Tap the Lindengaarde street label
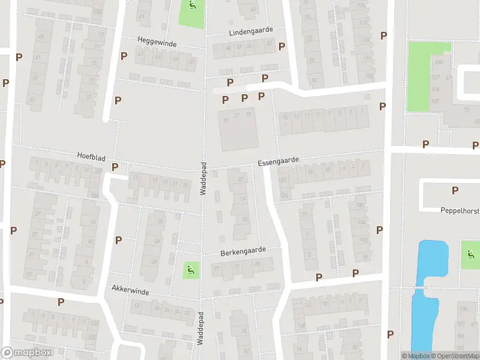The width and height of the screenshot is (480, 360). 250,29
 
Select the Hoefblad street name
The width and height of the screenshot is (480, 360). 91,156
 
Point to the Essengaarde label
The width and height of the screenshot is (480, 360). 278,162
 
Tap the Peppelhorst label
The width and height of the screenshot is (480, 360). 458,211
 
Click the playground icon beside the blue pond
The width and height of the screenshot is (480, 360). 470,254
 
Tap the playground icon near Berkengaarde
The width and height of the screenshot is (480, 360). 191,270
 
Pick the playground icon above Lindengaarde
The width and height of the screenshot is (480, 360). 191,7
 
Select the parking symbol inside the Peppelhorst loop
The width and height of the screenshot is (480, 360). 455,191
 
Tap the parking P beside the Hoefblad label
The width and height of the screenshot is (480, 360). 115,167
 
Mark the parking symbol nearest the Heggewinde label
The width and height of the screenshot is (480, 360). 124,56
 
